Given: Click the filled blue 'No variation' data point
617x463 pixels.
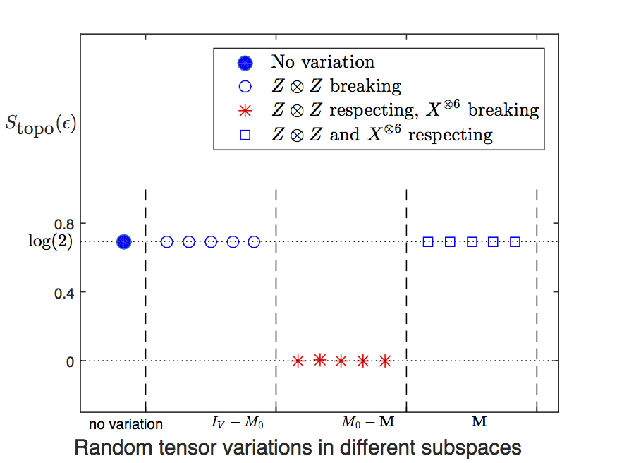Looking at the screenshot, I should pyautogui.click(x=124, y=241).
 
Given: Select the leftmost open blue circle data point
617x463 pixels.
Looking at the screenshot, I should pyautogui.click(x=167, y=241).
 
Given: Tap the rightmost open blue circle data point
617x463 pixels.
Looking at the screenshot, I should pyautogui.click(x=255, y=241).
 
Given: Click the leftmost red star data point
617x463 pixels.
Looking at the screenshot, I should pyautogui.click(x=298, y=361).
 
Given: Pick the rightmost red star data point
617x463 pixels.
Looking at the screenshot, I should pyautogui.click(x=385, y=361).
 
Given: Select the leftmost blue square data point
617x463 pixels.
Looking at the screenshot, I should pyautogui.click(x=428, y=241).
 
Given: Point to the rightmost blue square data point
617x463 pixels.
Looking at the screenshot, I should pyautogui.click(x=515, y=241).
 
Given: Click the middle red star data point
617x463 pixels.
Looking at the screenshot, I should pyautogui.click(x=341, y=361).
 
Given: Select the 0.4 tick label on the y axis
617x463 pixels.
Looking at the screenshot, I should pyautogui.click(x=66, y=292).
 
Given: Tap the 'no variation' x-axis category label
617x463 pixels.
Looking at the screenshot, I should pyautogui.click(x=126, y=424).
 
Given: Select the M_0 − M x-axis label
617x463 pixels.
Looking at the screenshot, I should pyautogui.click(x=367, y=423).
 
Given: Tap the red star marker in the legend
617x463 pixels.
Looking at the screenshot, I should pyautogui.click(x=245, y=110).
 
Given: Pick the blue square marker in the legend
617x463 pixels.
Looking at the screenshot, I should pyautogui.click(x=245, y=134).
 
